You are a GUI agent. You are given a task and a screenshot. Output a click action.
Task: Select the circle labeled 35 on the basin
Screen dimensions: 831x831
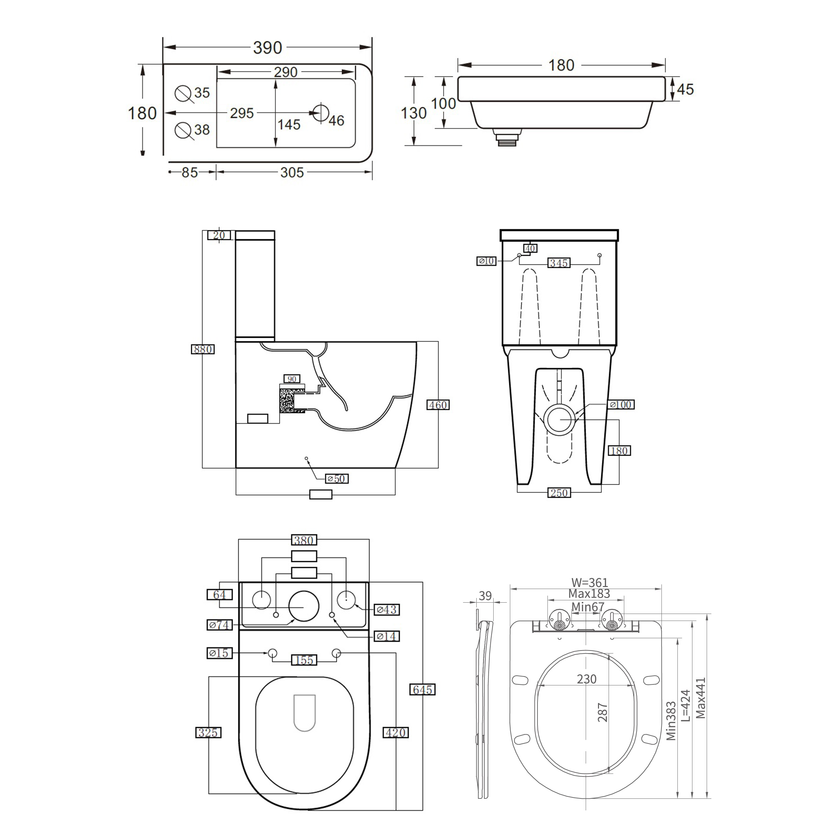click(x=183, y=93)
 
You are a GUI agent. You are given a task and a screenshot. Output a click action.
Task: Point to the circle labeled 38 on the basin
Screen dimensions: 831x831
click(x=183, y=130)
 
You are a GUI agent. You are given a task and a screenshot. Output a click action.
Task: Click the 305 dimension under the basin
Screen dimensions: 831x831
click(x=292, y=173)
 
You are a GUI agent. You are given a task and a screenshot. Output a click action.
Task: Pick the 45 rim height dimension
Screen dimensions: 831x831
click(x=685, y=89)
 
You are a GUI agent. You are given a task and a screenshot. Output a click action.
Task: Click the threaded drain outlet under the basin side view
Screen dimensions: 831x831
click(x=506, y=139)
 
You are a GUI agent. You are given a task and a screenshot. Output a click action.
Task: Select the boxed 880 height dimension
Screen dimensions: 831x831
click(x=202, y=349)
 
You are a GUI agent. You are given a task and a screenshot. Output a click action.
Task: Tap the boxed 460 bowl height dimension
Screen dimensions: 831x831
click(x=438, y=405)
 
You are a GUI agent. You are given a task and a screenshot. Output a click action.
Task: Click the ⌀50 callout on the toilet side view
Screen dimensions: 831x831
click(x=336, y=479)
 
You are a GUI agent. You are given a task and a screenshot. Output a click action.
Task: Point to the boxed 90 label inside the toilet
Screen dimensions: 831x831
click(x=292, y=379)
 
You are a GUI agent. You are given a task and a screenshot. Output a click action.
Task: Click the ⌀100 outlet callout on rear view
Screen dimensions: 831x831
click(x=622, y=404)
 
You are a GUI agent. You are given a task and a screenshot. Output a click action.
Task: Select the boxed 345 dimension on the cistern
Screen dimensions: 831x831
click(x=559, y=263)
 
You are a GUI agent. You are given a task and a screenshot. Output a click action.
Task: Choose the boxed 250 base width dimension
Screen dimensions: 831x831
click(x=559, y=493)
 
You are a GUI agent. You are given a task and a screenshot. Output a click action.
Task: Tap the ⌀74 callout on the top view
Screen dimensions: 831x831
click(x=220, y=625)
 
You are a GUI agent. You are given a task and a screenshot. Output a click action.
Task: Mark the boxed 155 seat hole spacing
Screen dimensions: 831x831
click(x=304, y=660)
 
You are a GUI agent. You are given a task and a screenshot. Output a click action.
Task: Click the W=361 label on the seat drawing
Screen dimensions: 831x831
click(x=589, y=582)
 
